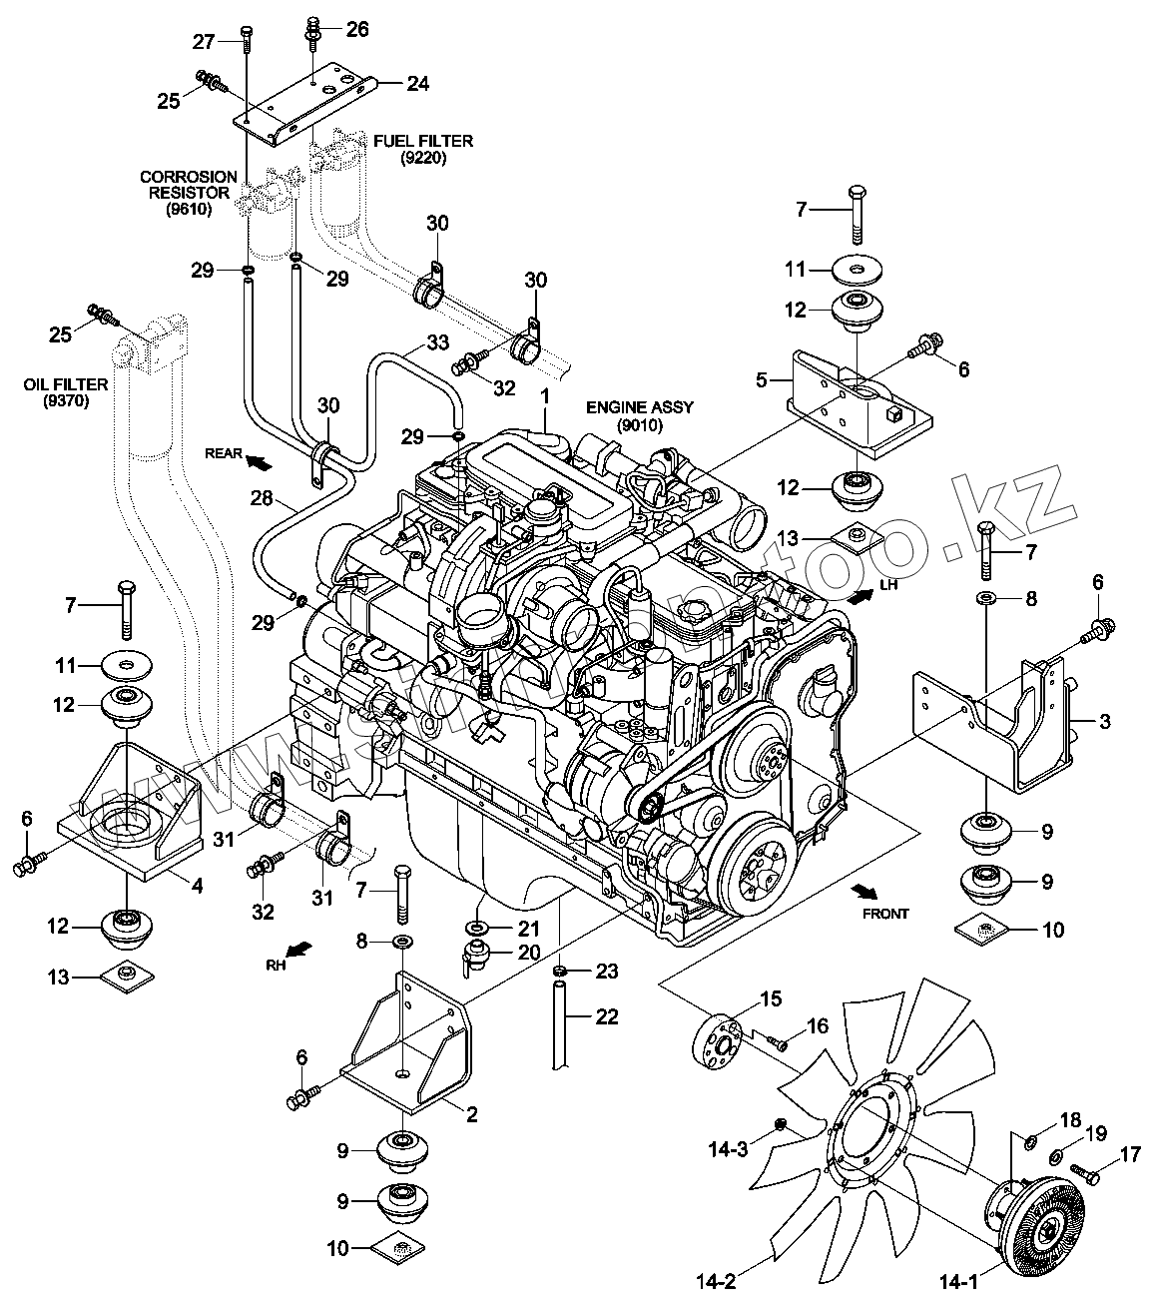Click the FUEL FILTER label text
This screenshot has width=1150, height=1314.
423,149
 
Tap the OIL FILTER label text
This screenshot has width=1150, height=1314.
67,392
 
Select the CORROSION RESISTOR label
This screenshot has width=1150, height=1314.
189,193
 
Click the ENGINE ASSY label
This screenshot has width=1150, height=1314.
639,416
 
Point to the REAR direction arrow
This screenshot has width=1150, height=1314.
259,460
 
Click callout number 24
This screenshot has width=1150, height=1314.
417,84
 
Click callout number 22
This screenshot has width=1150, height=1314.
607,1017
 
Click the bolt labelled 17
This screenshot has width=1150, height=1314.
1081,1169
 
